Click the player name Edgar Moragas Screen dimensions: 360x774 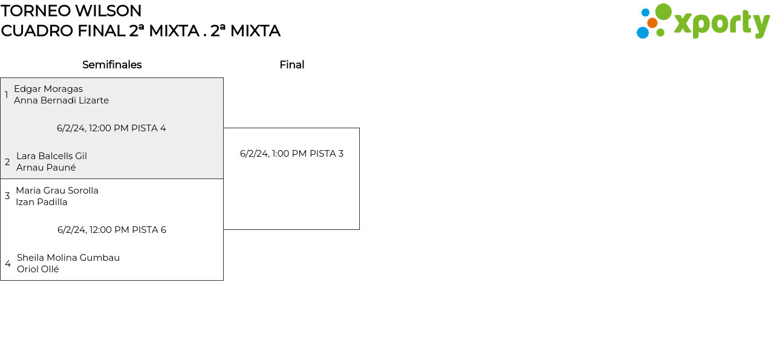click(48, 89)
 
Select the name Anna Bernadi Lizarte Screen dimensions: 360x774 click(61, 100)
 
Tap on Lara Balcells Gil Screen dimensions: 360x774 click(51, 156)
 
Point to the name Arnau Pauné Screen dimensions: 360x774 click(46, 168)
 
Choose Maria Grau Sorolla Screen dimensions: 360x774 click(57, 191)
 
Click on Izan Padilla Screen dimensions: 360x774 click(41, 202)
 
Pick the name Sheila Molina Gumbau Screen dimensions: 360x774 click(68, 258)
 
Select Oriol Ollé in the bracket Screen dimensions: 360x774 click(38, 269)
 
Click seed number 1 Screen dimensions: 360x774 click(7, 95)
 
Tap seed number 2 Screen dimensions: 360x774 click(7, 162)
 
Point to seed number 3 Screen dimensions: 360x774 click(7, 196)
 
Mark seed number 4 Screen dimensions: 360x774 click(8, 264)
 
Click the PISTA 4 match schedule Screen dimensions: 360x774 click(111, 128)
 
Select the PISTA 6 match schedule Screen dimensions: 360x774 click(112, 230)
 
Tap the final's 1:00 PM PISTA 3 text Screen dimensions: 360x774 click(291, 154)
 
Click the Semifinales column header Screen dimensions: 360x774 click(112, 65)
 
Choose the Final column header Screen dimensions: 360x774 click(291, 65)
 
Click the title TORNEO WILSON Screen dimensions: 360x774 click(71, 11)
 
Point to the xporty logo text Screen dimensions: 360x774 click(721, 24)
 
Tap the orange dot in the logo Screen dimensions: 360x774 click(652, 23)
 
